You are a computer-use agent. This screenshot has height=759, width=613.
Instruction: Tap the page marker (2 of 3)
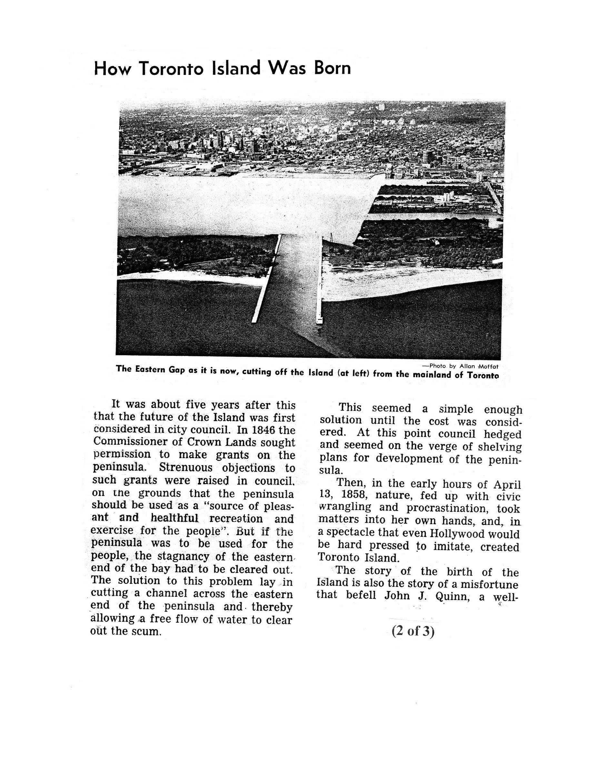(x=413, y=631)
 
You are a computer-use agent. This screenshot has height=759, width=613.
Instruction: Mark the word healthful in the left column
(x=175, y=518)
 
